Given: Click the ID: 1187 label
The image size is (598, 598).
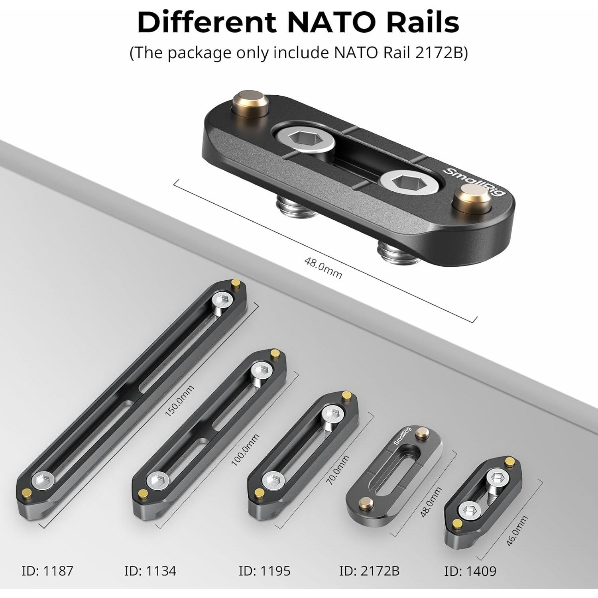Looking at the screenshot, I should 47,570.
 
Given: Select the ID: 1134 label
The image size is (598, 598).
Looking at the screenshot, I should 150,570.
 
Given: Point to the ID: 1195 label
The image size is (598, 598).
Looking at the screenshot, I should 264,570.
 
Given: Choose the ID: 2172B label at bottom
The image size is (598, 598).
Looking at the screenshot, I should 369,570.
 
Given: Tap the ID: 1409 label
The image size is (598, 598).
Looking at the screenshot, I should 470,571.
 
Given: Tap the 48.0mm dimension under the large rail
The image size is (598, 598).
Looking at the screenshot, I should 323,268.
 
